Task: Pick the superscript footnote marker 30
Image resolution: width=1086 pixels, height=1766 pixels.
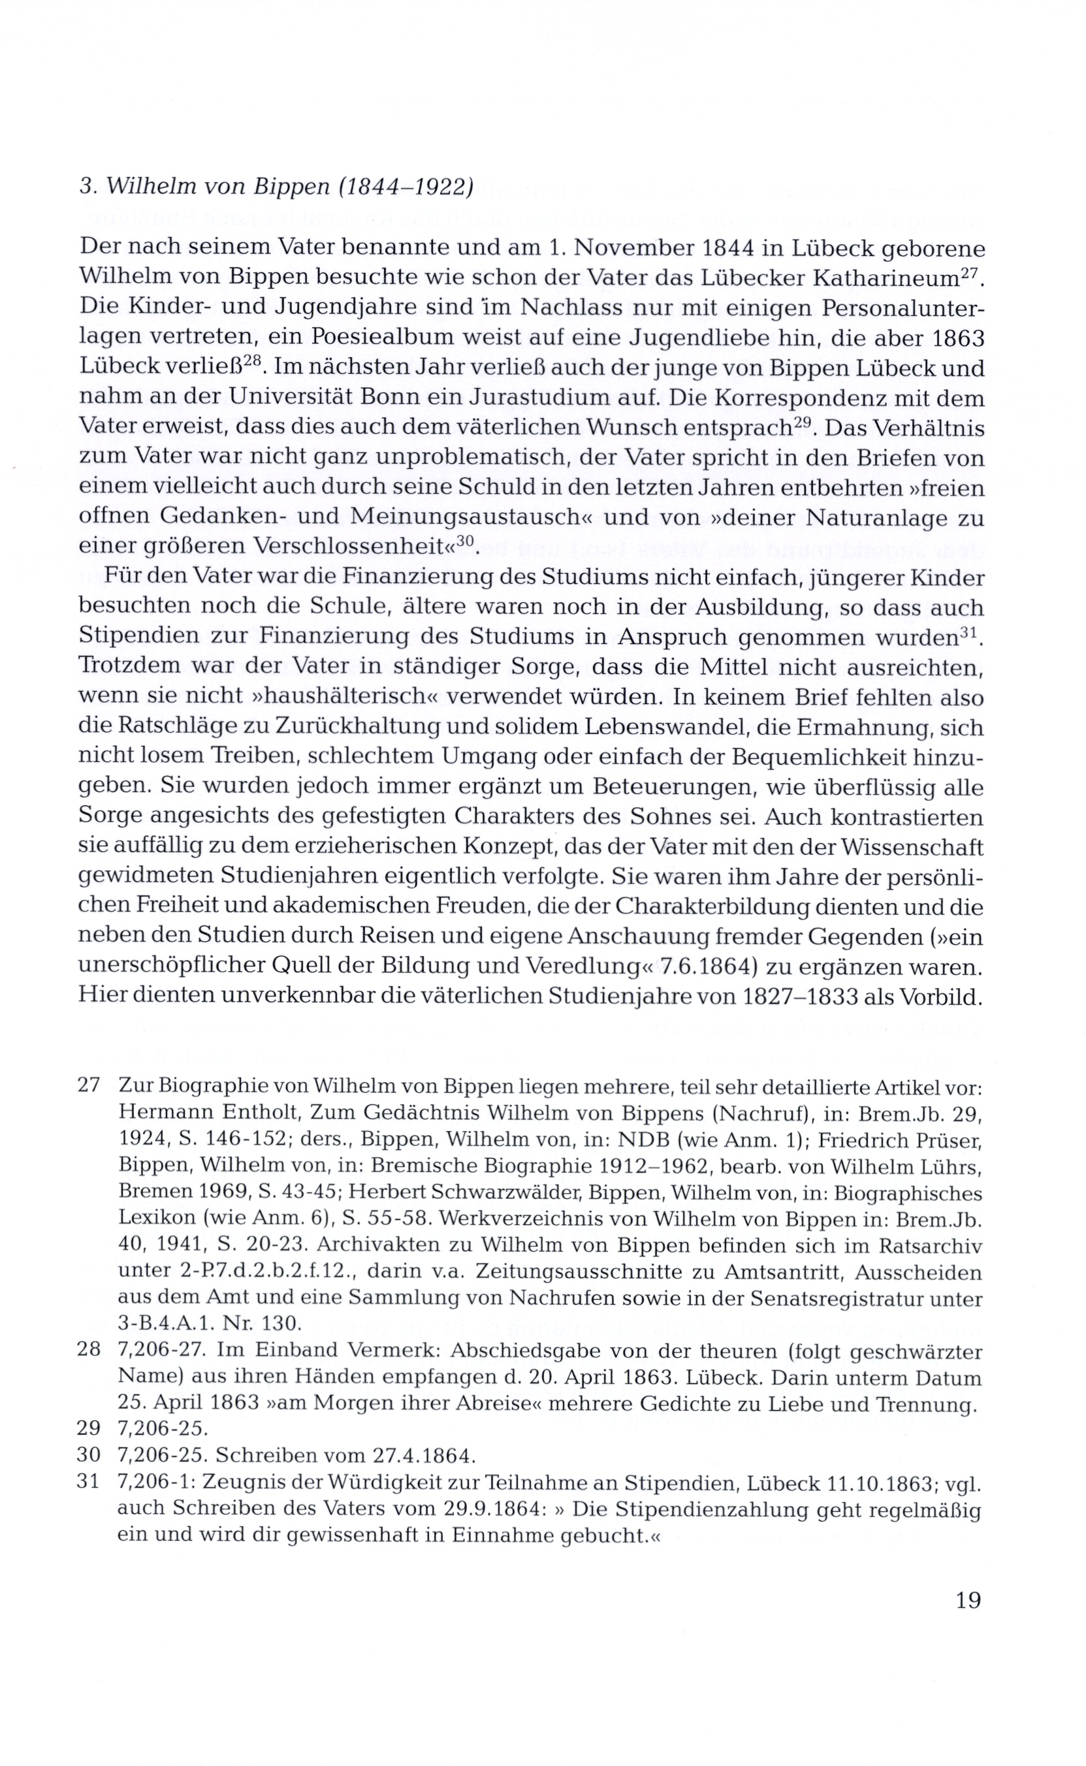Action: (466, 542)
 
